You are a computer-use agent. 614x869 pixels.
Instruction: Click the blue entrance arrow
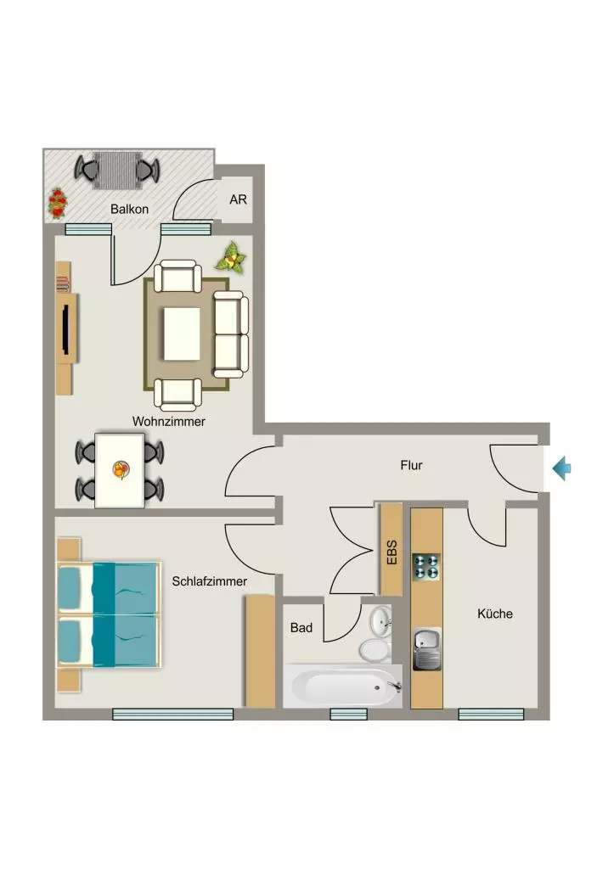(561, 468)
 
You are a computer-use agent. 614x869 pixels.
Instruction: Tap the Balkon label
(129, 209)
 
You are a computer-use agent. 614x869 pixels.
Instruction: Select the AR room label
(238, 199)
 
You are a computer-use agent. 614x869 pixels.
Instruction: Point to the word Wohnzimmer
(169, 421)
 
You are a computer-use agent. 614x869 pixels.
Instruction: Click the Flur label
(412, 465)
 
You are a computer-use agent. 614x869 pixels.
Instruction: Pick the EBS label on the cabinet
(391, 552)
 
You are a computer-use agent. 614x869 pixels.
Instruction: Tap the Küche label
(495, 614)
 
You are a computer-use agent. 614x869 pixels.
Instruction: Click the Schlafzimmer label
(209, 581)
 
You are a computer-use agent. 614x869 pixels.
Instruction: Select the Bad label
(301, 627)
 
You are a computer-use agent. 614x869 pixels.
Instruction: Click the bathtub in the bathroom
(343, 686)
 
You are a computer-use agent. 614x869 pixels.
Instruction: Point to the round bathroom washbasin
(381, 620)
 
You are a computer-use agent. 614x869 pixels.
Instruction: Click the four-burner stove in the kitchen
(426, 566)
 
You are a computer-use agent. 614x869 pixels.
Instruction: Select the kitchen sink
(426, 649)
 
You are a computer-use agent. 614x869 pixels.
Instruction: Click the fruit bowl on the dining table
(121, 470)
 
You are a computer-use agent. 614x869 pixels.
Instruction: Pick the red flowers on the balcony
(57, 204)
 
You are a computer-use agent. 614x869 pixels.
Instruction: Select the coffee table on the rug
(182, 333)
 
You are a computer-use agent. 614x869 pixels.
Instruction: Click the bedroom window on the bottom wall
(173, 715)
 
